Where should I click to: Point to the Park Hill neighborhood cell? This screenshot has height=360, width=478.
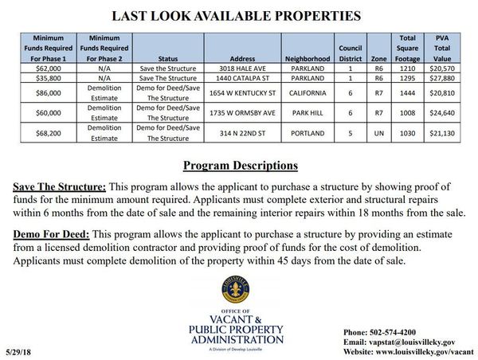(307, 113)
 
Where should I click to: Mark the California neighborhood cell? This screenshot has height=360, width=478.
(307, 93)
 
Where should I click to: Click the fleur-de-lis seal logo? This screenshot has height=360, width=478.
(236, 292)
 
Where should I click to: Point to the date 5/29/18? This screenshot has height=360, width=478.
(18, 350)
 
